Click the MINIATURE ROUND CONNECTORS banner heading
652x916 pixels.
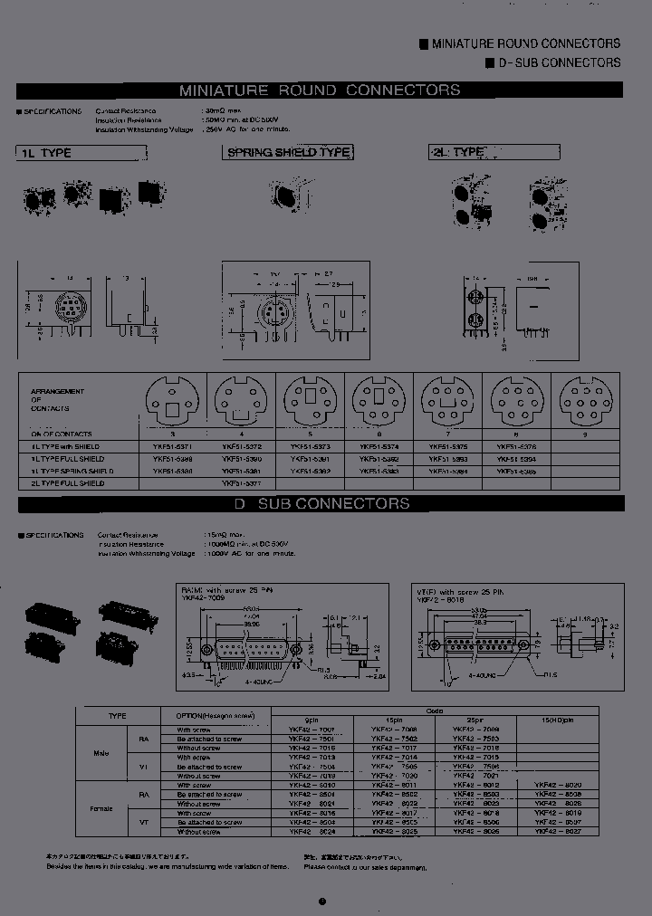(x=320, y=91)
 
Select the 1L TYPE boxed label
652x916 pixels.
(x=45, y=153)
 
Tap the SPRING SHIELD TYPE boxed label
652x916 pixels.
(x=288, y=153)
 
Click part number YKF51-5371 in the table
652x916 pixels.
(x=172, y=446)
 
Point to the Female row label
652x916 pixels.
(x=100, y=807)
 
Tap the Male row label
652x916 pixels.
(x=101, y=752)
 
